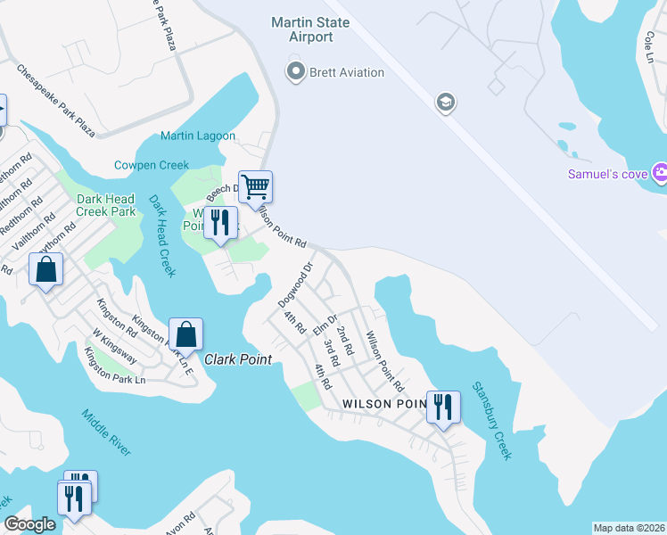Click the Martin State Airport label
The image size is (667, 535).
(302, 29)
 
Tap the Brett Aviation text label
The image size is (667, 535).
(346, 72)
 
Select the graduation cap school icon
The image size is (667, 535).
(444, 103)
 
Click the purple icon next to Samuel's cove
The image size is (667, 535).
(660, 172)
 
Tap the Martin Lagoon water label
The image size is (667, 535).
(198, 136)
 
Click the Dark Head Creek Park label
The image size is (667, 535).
(106, 205)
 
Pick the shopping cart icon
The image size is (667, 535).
(255, 187)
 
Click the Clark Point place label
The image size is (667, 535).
(237, 360)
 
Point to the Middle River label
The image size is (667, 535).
(107, 432)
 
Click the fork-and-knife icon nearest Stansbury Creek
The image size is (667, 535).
(443, 407)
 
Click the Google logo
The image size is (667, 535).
(30, 524)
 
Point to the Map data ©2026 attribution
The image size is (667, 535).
(629, 528)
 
